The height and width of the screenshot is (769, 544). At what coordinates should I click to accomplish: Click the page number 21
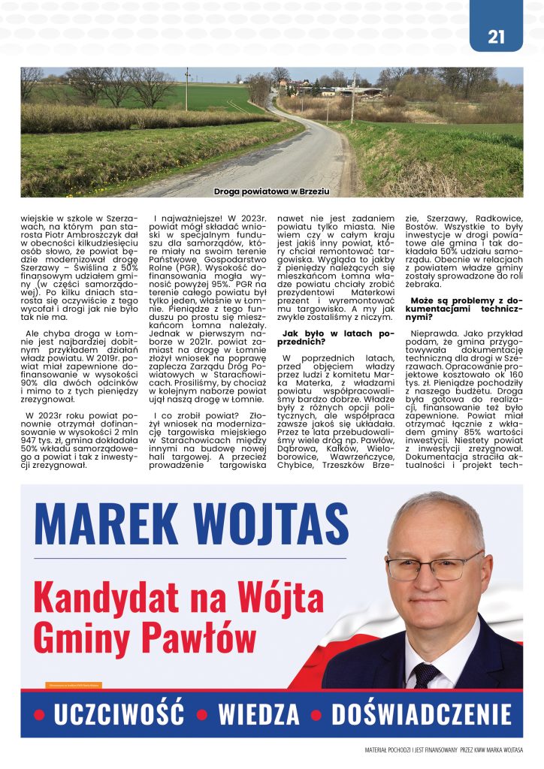click(x=496, y=36)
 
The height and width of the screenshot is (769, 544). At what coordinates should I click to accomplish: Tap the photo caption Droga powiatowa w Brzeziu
click(x=271, y=191)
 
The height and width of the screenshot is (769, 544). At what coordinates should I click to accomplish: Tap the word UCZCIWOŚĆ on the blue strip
click(x=119, y=714)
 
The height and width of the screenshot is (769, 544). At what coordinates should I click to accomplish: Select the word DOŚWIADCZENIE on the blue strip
click(x=421, y=714)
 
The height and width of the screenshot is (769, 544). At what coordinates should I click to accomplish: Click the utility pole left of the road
click(x=187, y=89)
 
